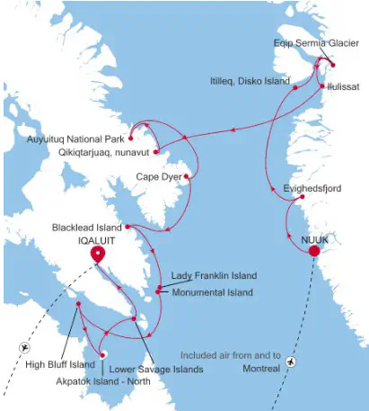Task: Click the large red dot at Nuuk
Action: (314, 251)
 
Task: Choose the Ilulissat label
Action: (346, 86)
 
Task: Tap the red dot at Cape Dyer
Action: (186, 176)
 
